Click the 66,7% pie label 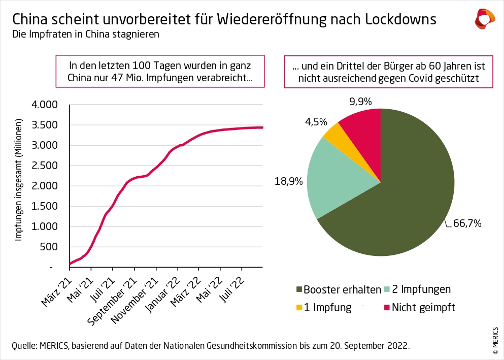coord(467,223)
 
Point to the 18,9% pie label coord(290,181)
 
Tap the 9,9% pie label coord(360,102)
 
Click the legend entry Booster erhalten coord(342,290)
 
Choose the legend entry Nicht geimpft coord(423,307)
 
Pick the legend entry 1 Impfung coord(327,307)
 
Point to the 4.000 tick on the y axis coord(46,105)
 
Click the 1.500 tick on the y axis coord(46,206)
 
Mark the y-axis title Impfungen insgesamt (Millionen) coord(18,180)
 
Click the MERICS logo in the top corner coord(484,18)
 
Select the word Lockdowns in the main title coord(400,19)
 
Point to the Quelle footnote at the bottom coord(211,346)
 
